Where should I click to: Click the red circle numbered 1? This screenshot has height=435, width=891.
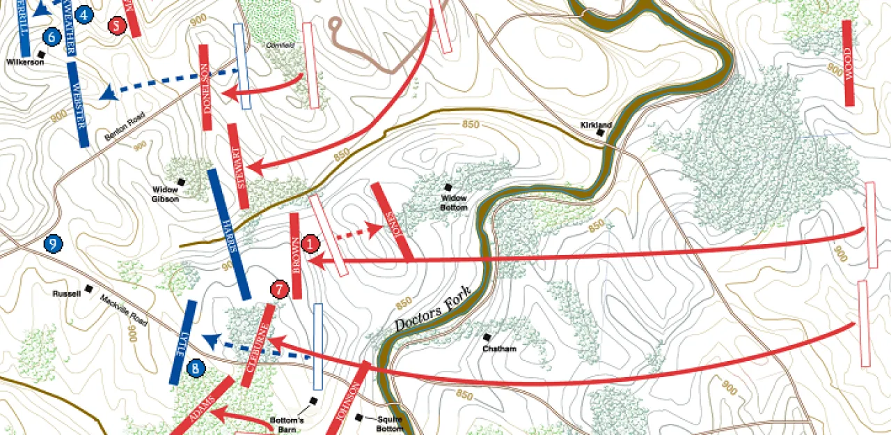click(x=310, y=243)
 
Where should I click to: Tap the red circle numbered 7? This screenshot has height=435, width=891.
click(x=279, y=289)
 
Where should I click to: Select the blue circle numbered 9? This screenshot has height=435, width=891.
click(x=53, y=244)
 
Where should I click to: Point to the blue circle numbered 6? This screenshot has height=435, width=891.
click(x=51, y=37)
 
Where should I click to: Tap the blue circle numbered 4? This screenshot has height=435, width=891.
click(x=84, y=14)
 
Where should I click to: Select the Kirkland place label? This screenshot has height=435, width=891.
click(x=597, y=125)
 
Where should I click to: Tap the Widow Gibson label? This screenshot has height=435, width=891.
click(x=166, y=194)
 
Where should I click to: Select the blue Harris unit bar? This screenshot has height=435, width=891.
click(x=229, y=234)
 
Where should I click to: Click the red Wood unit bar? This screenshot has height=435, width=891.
click(x=848, y=63)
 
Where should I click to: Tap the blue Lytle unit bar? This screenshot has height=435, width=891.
click(x=183, y=342)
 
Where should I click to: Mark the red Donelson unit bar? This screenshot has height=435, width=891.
click(x=205, y=88)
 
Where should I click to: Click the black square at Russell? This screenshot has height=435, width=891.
click(x=88, y=289)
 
